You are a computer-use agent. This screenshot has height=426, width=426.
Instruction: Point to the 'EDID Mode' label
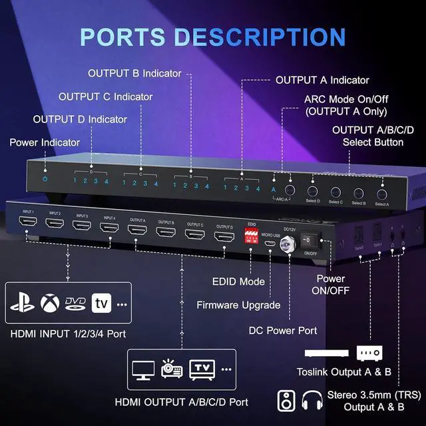tap(240, 282)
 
